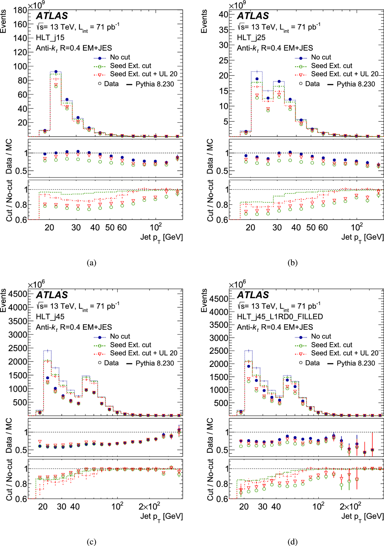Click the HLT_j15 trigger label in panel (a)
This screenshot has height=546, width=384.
tap(50, 37)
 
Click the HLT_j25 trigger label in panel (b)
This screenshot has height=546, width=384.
tap(251, 37)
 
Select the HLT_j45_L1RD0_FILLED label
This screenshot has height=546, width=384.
tap(280, 317)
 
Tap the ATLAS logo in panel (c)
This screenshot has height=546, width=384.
tap(52, 295)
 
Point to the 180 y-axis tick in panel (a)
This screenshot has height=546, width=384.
tap(20, 10)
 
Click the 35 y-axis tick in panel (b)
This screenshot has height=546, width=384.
tap(223, 29)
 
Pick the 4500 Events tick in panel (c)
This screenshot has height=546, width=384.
tap(18, 294)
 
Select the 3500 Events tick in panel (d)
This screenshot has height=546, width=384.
tap(219, 325)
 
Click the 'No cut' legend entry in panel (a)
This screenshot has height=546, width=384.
tap(120, 57)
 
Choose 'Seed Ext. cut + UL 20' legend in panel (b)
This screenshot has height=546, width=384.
tap(345, 74)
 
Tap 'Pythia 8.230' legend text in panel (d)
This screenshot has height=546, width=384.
tap(356, 363)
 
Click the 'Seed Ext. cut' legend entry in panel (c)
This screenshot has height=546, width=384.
tap(130, 345)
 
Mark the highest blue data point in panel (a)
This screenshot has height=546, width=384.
tap(56, 72)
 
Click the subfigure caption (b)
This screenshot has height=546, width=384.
tap(292, 263)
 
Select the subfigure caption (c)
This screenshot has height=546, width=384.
tap(91, 542)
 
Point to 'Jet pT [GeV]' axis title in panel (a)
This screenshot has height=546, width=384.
tap(161, 237)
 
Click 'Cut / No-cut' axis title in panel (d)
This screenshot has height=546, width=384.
tap(210, 479)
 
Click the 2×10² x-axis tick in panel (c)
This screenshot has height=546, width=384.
tap(149, 507)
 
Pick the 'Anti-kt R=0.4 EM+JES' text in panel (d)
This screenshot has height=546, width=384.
tap(275, 327)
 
